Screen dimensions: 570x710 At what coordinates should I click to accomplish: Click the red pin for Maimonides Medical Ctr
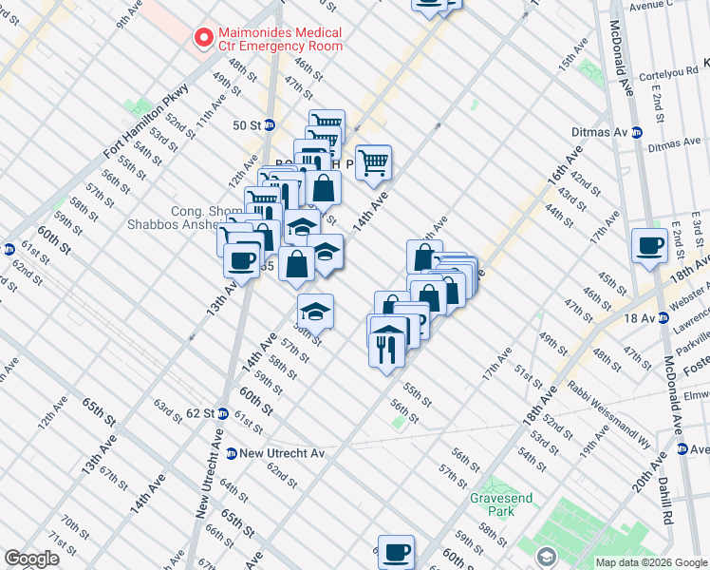coord(202,38)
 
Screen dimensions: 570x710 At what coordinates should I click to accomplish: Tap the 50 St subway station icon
coord(269,124)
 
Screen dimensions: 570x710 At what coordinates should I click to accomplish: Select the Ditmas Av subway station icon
coord(636,133)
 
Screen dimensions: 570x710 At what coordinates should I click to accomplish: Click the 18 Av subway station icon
coord(662,317)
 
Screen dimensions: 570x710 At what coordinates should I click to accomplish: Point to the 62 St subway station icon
coord(221,413)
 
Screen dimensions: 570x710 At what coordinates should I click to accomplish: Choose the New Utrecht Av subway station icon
coord(231,454)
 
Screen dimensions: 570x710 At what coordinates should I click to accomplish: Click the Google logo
coord(31,558)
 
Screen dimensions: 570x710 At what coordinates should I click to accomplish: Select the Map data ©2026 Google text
coord(651,562)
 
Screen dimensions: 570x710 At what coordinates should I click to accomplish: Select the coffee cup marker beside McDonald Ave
coord(650,245)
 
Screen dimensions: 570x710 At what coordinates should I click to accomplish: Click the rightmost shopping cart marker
coord(374,161)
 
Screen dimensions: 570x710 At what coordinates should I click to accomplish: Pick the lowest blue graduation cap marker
coord(316,311)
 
